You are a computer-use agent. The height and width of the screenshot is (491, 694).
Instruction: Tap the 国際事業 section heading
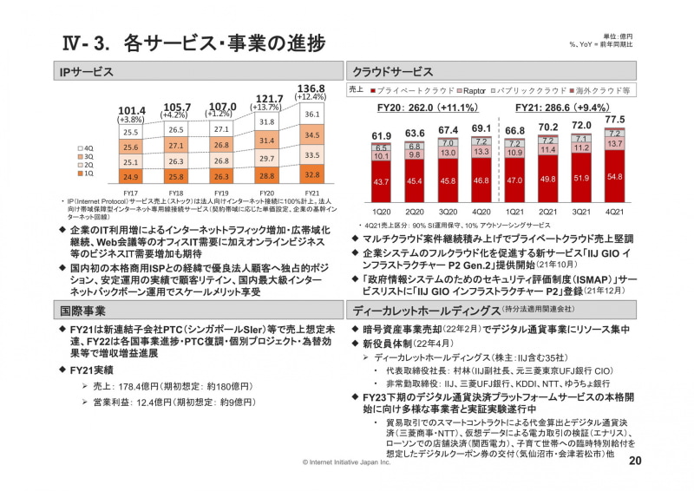82,310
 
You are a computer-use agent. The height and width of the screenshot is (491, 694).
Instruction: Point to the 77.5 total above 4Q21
614,120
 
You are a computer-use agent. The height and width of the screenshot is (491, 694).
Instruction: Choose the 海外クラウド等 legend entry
602,89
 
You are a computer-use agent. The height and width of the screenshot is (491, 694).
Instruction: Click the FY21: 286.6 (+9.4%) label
565,108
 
